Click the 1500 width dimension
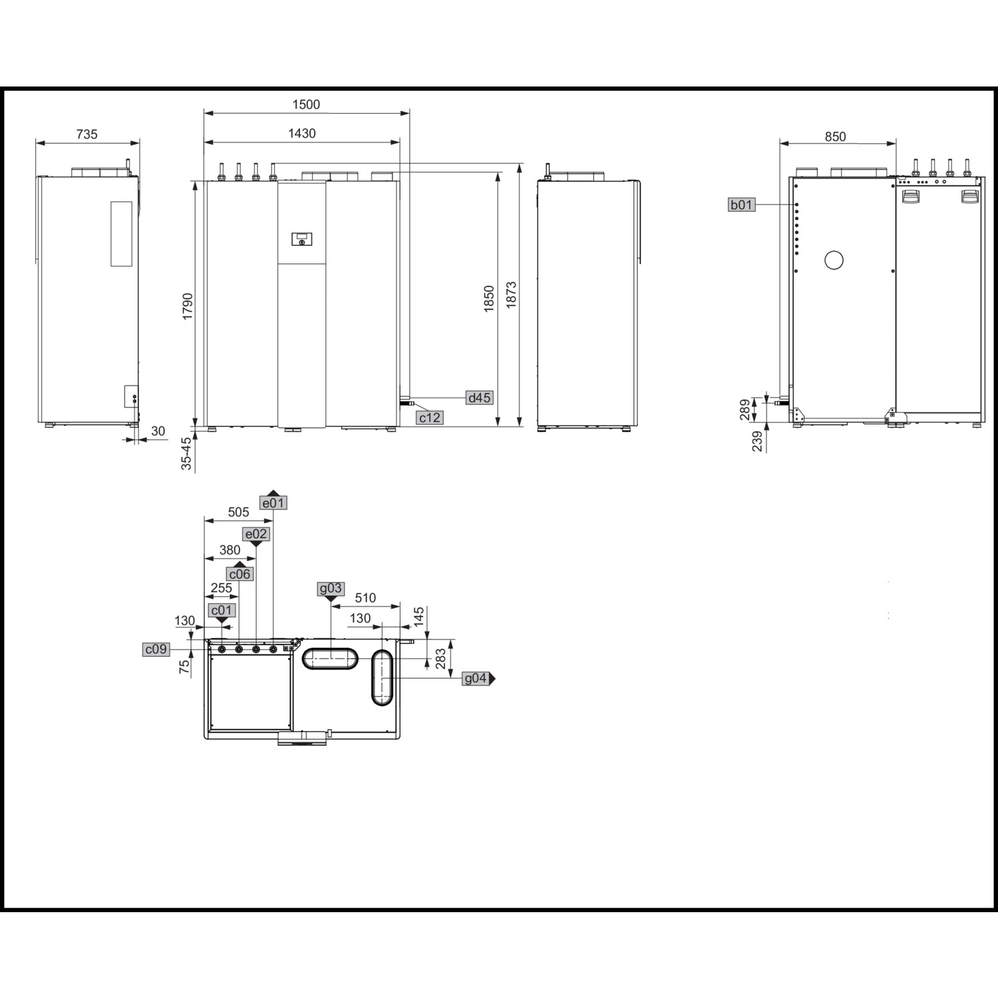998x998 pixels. pyautogui.click(x=306, y=104)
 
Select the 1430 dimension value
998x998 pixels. pyautogui.click(x=301, y=133)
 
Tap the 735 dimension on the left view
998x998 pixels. pyautogui.click(x=86, y=134)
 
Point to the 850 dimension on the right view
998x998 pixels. pyautogui.click(x=835, y=136)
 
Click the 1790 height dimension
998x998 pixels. pyautogui.click(x=188, y=306)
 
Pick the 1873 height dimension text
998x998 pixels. pyautogui.click(x=511, y=295)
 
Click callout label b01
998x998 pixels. pyautogui.click(x=741, y=204)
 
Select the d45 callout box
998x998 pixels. pyautogui.click(x=479, y=398)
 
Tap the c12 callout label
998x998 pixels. pyautogui.click(x=429, y=418)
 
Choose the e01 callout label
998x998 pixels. pyautogui.click(x=273, y=503)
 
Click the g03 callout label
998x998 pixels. pyautogui.click(x=331, y=588)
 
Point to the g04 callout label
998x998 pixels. pyautogui.click(x=476, y=679)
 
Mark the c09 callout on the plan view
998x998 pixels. pyautogui.click(x=156, y=649)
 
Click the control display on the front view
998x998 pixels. pyautogui.click(x=301, y=239)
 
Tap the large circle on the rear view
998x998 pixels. pyautogui.click(x=834, y=260)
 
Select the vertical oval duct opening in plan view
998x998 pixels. pyautogui.click(x=383, y=677)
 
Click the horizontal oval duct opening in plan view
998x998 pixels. pyautogui.click(x=330, y=658)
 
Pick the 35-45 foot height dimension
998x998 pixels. pyautogui.click(x=187, y=453)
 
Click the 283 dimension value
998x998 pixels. pyautogui.click(x=440, y=659)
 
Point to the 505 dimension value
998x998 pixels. pyautogui.click(x=238, y=512)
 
